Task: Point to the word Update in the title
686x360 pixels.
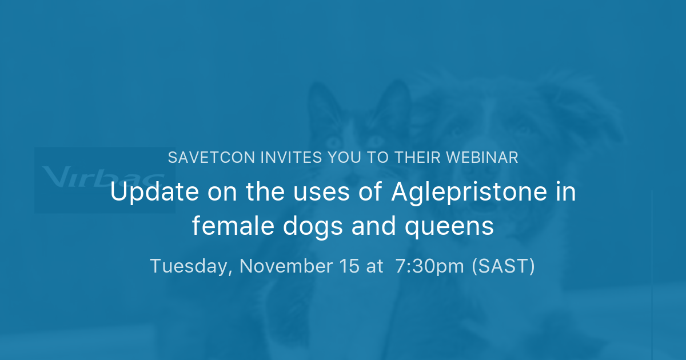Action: [x=143, y=193]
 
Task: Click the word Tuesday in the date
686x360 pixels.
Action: [x=189, y=266]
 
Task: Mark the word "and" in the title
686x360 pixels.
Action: [x=359, y=226]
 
